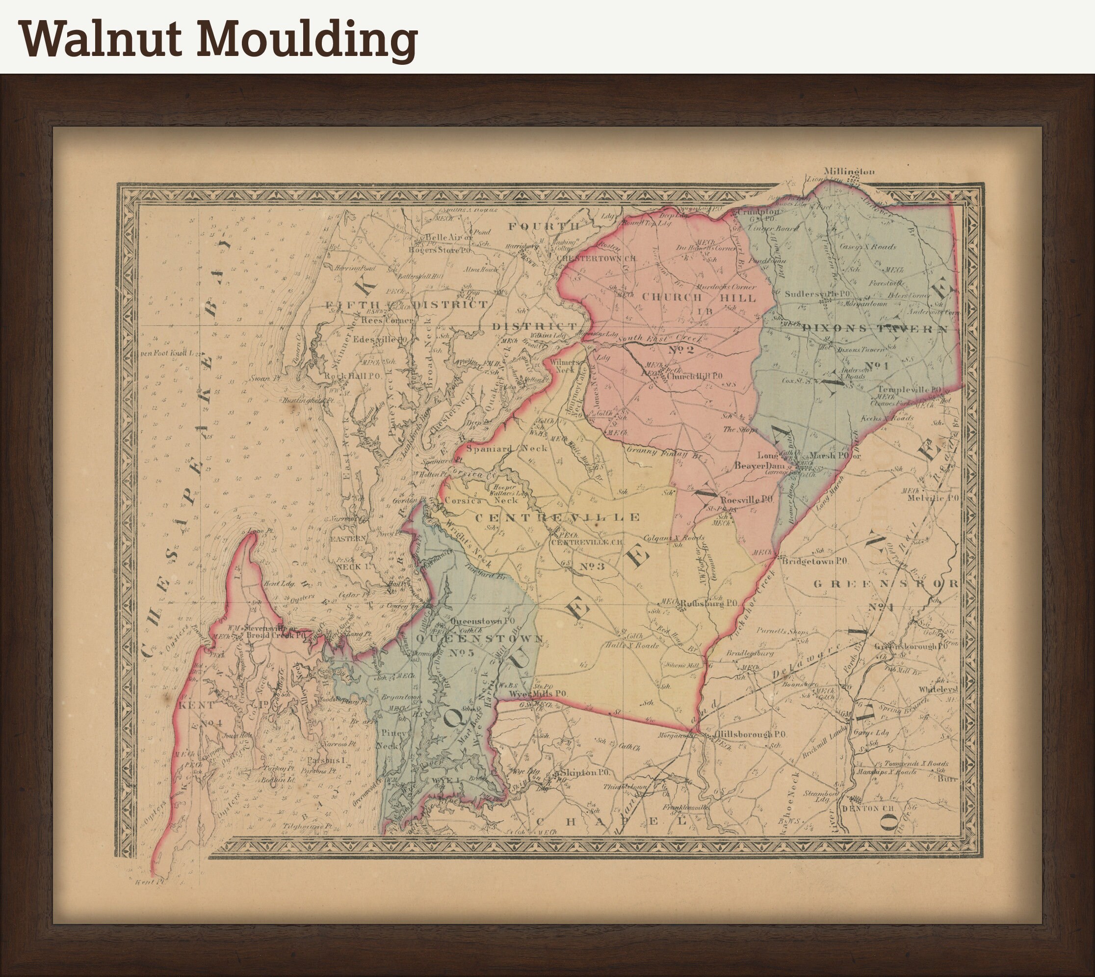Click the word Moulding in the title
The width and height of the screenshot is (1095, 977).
(x=306, y=40)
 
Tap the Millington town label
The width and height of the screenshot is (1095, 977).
(x=849, y=171)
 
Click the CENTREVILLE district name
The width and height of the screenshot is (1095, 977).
(x=557, y=517)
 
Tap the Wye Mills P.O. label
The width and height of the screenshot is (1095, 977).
(x=538, y=694)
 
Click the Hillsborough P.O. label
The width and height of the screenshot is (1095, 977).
(x=751, y=734)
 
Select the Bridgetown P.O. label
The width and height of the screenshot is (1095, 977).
(x=815, y=561)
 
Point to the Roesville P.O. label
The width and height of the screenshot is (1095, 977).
(x=746, y=500)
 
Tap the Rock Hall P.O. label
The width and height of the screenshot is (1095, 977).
(x=352, y=376)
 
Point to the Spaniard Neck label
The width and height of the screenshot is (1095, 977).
(x=506, y=448)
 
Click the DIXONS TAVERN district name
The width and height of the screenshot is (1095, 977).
(x=875, y=328)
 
